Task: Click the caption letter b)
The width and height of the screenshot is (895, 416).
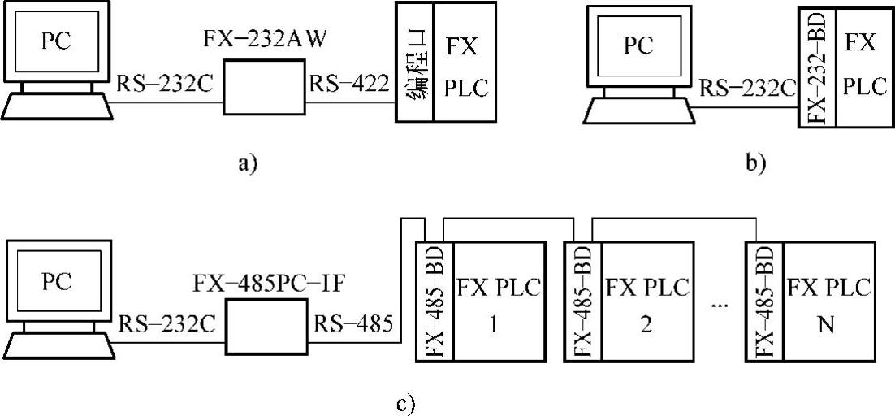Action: (755, 164)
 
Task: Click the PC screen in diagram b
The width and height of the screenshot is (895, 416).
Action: (638, 46)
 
